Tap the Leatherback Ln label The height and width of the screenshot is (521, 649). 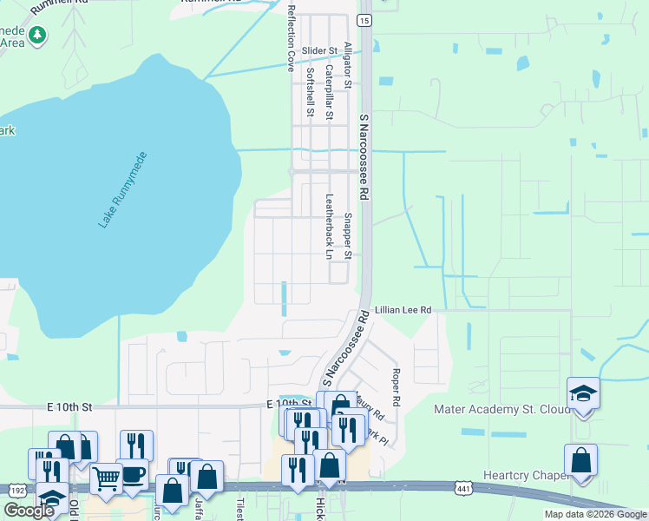point(329,226)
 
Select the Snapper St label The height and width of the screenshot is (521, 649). point(347,236)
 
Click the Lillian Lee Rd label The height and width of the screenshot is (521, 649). point(403,310)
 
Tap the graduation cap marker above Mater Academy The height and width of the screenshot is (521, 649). point(584,393)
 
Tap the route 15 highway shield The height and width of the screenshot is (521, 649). point(364,20)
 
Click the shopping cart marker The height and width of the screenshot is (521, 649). point(106,477)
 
